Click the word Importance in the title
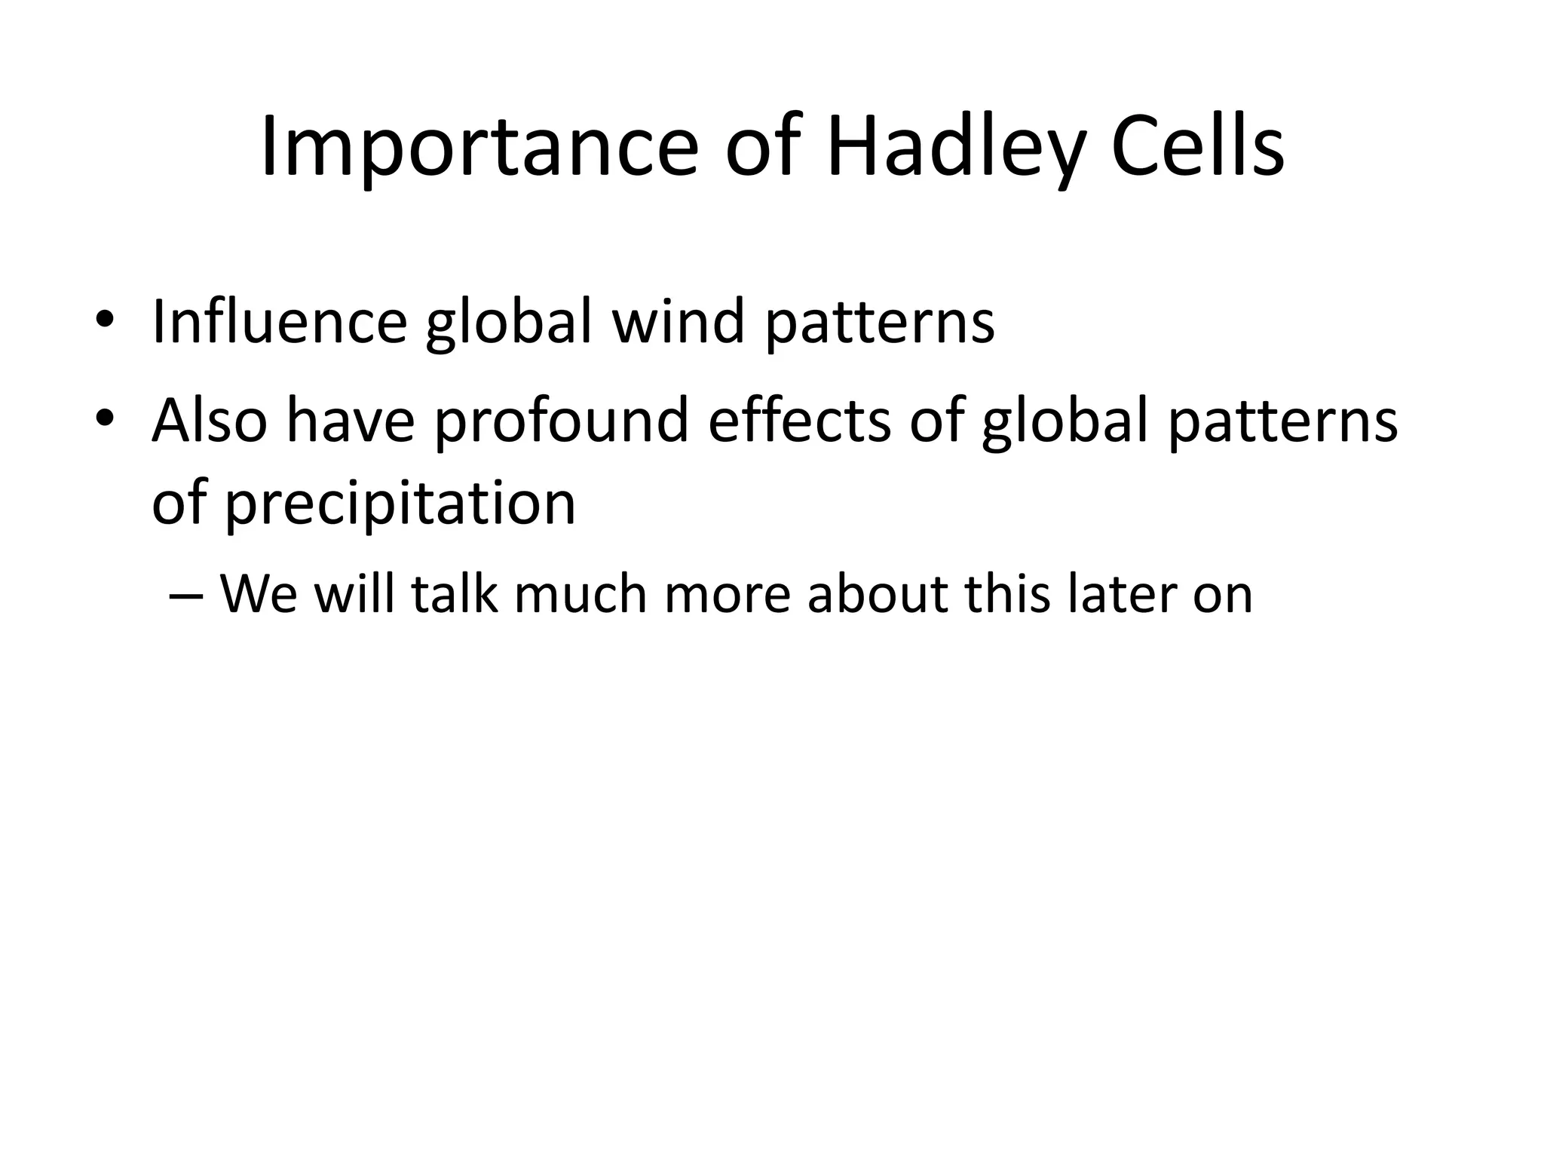point(479,148)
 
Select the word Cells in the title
point(1197,148)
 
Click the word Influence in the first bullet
point(279,322)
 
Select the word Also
point(210,421)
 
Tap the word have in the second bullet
point(351,421)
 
